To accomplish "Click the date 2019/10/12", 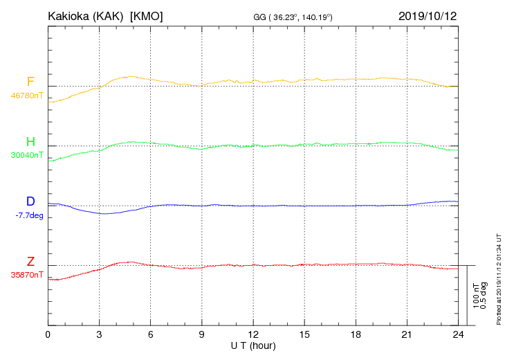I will (x=428, y=15).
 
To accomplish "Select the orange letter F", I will (x=30, y=82).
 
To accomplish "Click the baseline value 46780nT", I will (x=26, y=96).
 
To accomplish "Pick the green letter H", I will (x=30, y=143).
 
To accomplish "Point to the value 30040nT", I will (x=26, y=156).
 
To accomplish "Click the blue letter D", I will (x=30, y=201).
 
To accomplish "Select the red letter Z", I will (x=30, y=262).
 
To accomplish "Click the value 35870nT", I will (x=26, y=275).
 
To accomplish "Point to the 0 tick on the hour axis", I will (x=48, y=334).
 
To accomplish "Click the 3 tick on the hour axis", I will (x=99, y=334).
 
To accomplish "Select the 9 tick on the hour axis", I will (x=201, y=334).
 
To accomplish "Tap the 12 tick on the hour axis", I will (x=252, y=334).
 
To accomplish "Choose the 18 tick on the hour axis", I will (x=355, y=334).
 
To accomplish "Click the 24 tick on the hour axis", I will (x=457, y=334).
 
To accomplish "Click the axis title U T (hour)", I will (x=252, y=345).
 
